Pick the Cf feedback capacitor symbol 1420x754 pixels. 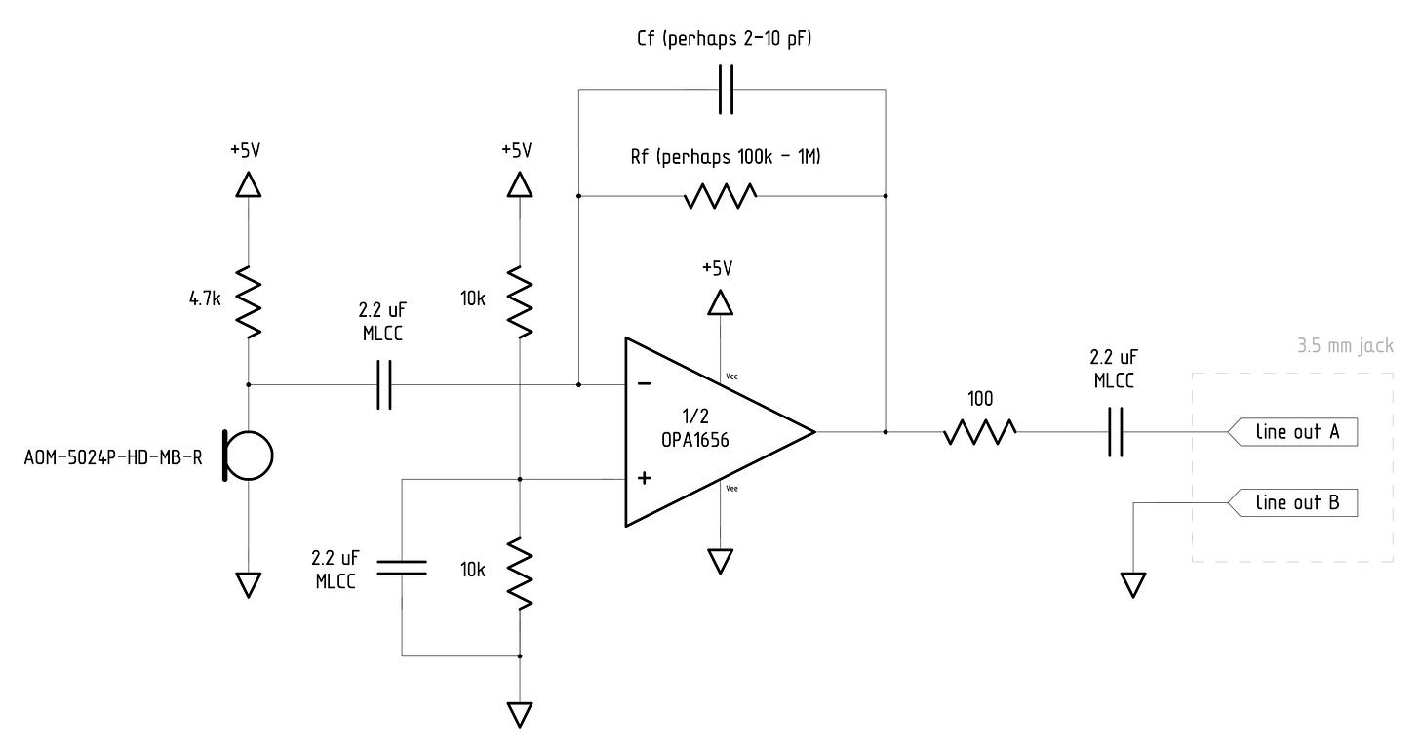[726, 90]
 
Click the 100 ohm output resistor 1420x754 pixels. [980, 430]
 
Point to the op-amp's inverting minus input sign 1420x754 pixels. [645, 383]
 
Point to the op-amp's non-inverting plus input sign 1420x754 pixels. [645, 478]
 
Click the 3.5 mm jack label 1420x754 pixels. [1345, 346]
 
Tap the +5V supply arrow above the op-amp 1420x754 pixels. [720, 303]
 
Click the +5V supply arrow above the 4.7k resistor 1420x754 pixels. [249, 184]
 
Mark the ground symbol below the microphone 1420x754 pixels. [249, 584]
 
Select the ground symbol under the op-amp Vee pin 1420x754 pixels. [720, 561]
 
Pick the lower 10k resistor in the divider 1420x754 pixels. [521, 575]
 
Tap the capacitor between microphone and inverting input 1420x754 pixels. [384, 384]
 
